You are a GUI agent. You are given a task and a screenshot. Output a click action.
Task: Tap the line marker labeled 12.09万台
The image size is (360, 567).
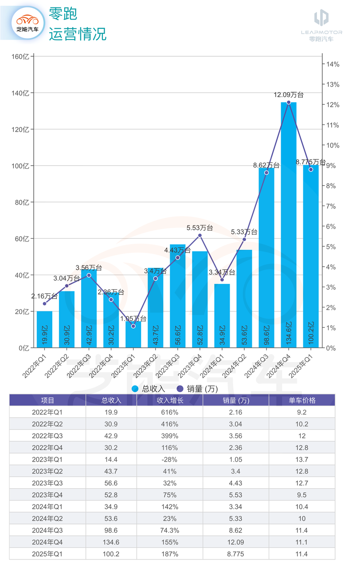coord(289,102)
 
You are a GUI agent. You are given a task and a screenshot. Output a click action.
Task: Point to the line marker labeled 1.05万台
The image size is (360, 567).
coord(133,326)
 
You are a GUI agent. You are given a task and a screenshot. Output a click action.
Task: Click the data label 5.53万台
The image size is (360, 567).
coord(200,228)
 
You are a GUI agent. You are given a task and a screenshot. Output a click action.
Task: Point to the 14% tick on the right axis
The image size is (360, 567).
coord(333,64)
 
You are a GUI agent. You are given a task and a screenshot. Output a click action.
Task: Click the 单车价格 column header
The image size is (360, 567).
coord(302,400)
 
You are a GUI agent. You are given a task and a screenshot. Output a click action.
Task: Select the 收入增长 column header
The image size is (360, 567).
coord(169,400)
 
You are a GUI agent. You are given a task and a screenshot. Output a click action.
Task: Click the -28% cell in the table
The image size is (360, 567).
coord(169,459)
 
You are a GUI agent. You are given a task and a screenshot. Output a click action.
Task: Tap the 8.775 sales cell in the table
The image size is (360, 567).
coord(236,554)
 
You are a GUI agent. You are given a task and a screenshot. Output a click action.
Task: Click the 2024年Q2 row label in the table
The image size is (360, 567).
coord(47,519)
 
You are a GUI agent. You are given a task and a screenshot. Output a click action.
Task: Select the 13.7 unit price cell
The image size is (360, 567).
coord(302,459)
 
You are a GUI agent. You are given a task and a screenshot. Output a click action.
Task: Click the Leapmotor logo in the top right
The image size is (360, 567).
coord(321,23)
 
